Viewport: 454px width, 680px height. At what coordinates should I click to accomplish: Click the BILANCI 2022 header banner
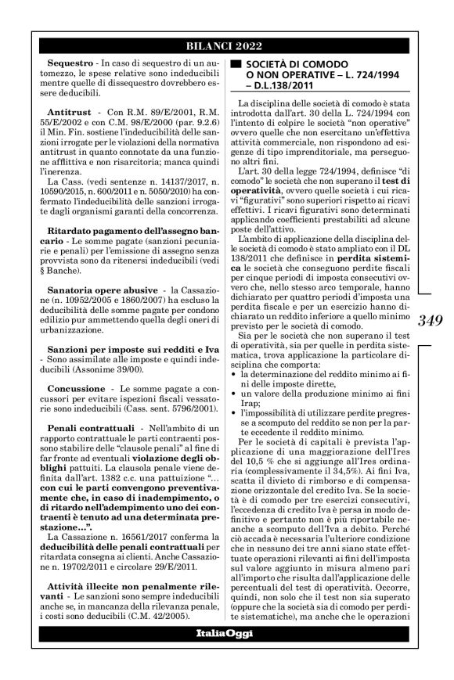point(226,44)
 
